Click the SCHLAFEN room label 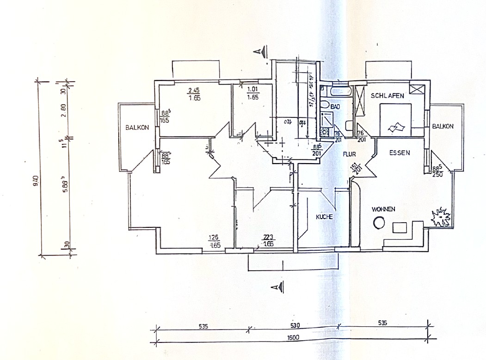[x=388, y=96]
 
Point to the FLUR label [x=348, y=156]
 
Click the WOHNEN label [x=383, y=209]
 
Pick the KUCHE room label [x=325, y=216]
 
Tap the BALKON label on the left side [x=137, y=128]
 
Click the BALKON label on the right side [x=443, y=126]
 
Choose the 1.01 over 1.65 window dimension [x=252, y=94]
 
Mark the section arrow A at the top [x=263, y=52]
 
